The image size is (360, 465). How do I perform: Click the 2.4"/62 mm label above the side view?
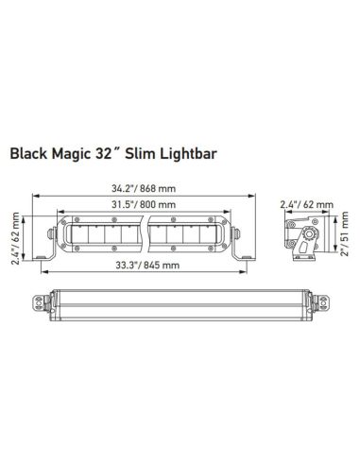click(x=306, y=204)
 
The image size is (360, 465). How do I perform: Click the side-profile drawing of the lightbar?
click(x=304, y=236)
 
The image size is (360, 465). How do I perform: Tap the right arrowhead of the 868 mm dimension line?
click(x=249, y=197)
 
